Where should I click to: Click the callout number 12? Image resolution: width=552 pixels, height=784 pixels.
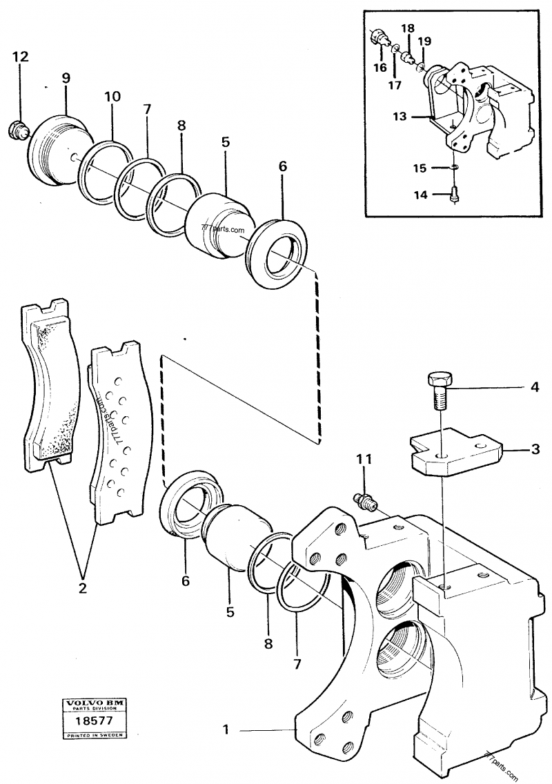(20, 57)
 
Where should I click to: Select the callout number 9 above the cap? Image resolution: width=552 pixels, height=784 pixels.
(66, 78)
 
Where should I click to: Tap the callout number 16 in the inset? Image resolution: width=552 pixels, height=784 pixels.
(380, 67)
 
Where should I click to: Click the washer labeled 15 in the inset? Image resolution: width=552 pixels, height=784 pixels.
(455, 167)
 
